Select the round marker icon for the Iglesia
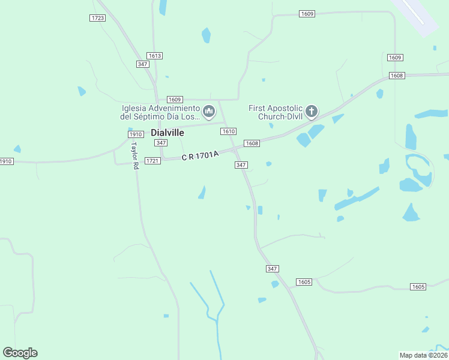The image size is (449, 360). (x=209, y=111)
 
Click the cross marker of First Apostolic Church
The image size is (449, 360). (x=311, y=111)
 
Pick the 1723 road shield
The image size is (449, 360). (x=98, y=18)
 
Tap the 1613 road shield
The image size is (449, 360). (x=155, y=56)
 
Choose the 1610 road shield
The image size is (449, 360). (x=228, y=131)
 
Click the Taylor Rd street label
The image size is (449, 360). (x=135, y=155)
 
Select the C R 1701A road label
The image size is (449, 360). (x=200, y=156)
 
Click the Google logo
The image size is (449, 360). (x=20, y=352)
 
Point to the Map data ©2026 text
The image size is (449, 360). (x=423, y=355)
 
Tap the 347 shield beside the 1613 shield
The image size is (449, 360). (x=142, y=64)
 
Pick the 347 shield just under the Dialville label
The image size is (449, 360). (x=160, y=143)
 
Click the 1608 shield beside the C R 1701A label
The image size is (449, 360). (x=252, y=143)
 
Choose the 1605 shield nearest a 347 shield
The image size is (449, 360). (x=304, y=282)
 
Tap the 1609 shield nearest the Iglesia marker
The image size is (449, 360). (x=175, y=100)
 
